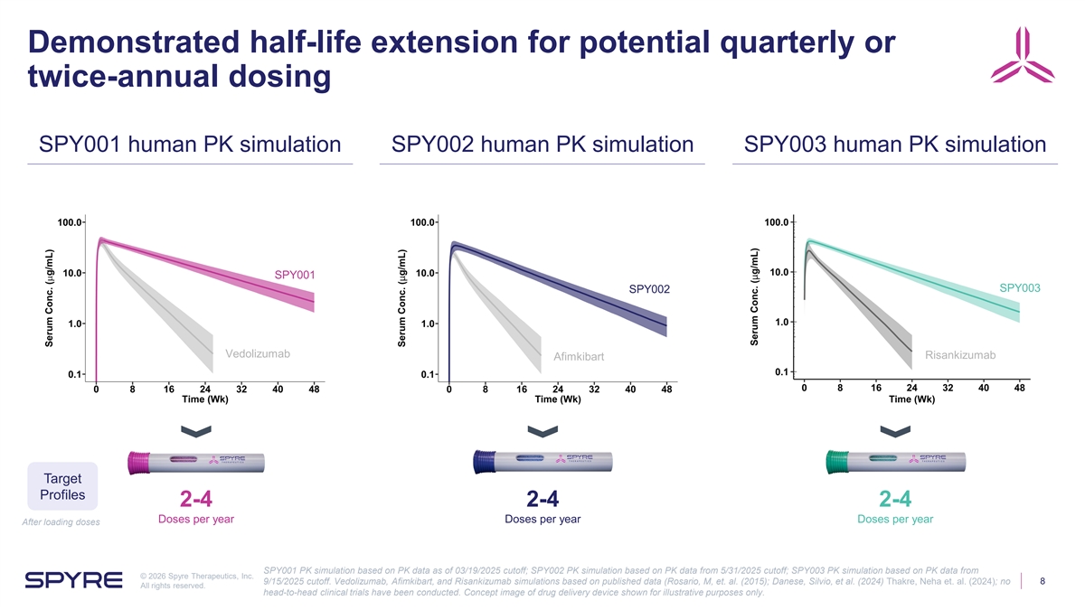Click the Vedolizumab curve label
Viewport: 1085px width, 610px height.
pyautogui.click(x=258, y=352)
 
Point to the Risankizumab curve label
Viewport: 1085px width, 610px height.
pyautogui.click(x=960, y=355)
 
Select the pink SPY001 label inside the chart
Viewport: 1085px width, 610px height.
pyautogui.click(x=295, y=275)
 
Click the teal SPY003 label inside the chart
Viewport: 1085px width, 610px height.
pyautogui.click(x=1021, y=287)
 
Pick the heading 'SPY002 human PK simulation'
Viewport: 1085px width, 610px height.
pyautogui.click(x=542, y=145)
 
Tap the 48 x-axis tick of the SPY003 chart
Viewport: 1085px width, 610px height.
pyautogui.click(x=1020, y=389)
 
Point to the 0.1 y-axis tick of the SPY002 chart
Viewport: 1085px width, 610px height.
pyautogui.click(x=429, y=374)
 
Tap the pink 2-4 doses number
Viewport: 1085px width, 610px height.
pyautogui.click(x=196, y=500)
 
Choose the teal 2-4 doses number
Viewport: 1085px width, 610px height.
pyautogui.click(x=895, y=500)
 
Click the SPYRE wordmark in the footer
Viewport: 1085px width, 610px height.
pyautogui.click(x=75, y=579)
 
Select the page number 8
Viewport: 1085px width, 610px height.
pyautogui.click(x=1043, y=581)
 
